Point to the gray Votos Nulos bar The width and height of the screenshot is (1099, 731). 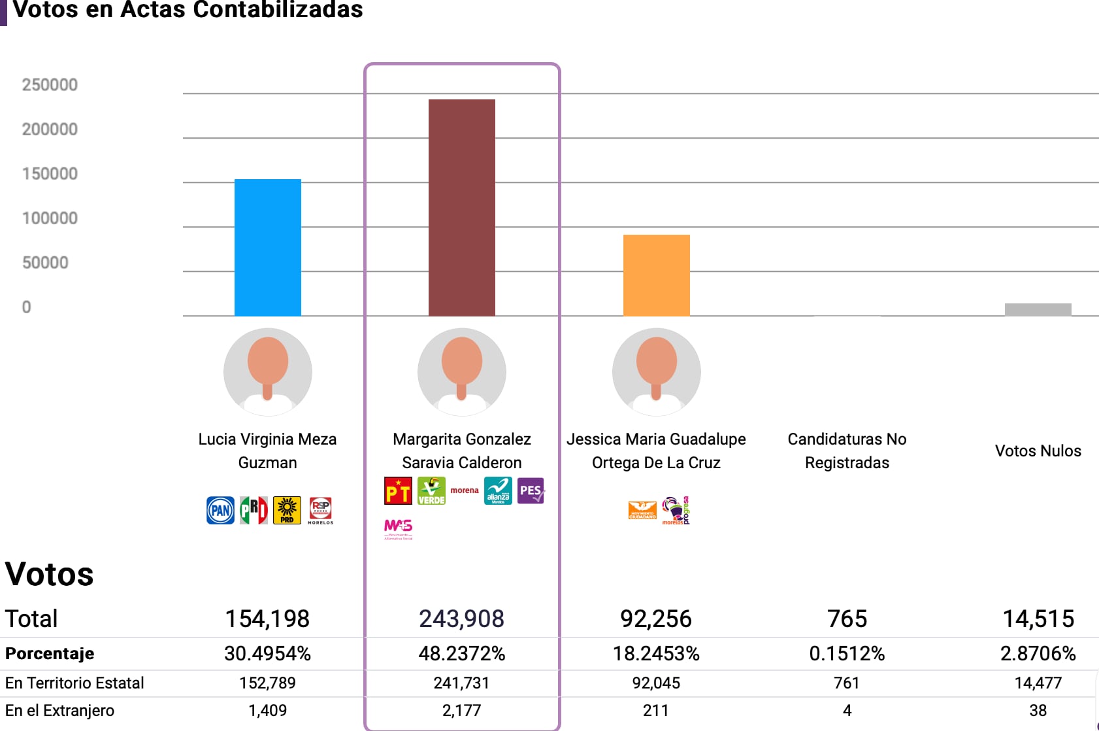[1038, 309]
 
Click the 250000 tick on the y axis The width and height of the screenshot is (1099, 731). [50, 85]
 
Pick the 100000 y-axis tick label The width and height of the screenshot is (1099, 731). [50, 218]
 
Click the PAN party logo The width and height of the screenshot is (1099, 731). [221, 511]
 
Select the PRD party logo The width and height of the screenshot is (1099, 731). [287, 511]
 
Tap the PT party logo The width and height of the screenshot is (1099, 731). [398, 491]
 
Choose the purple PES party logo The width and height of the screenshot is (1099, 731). [531, 491]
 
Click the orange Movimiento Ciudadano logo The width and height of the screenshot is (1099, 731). [642, 511]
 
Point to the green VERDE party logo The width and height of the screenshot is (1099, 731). [431, 491]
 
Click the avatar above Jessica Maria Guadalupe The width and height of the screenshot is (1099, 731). [656, 371]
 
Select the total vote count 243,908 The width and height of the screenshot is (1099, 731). [461, 619]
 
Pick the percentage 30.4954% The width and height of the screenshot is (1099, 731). [267, 653]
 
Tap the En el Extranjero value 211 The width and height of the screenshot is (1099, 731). [655, 711]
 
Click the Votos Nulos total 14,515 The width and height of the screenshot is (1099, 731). [1038, 619]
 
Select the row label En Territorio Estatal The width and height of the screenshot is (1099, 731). [74, 683]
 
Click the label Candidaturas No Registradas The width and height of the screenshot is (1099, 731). [847, 450]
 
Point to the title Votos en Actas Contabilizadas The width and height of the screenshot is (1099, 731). [188, 10]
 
